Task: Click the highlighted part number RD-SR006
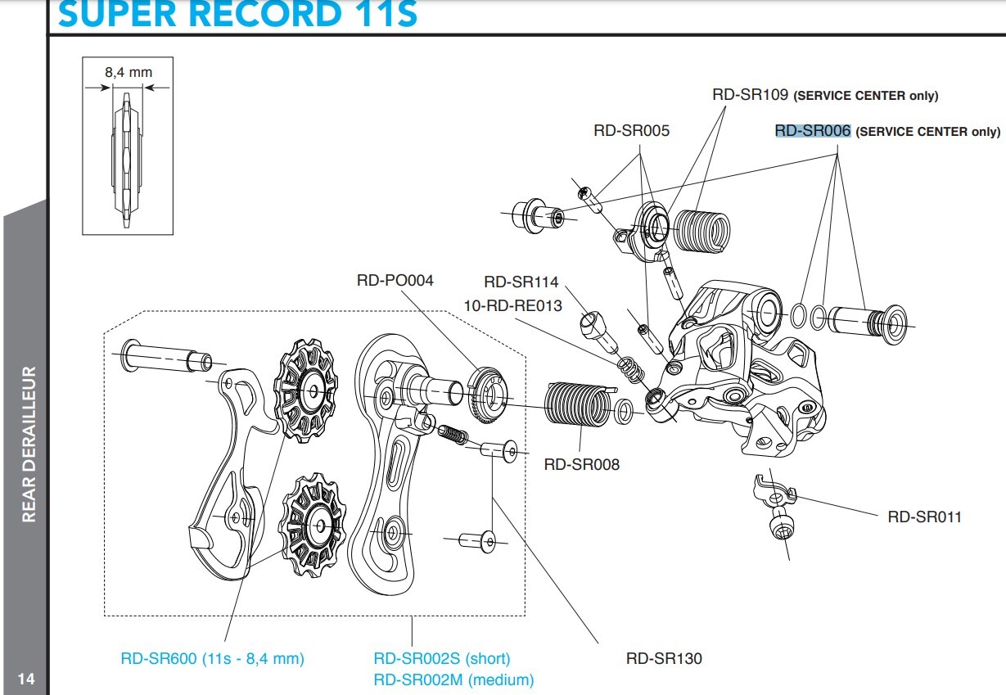[x=813, y=131]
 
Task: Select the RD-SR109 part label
[x=750, y=95]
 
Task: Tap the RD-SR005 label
[x=631, y=131]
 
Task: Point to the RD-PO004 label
[x=395, y=280]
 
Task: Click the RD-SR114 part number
[x=521, y=282]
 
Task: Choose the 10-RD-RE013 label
[x=512, y=305]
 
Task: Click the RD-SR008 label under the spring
[x=581, y=465]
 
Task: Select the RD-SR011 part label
[x=924, y=517]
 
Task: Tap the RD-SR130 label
[x=664, y=658]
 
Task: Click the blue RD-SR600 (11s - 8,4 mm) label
[x=212, y=658]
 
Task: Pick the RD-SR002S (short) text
[x=441, y=658]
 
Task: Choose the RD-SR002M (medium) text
[x=453, y=679]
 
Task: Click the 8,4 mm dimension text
[x=128, y=72]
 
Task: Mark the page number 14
[x=26, y=679]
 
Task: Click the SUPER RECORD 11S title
[x=237, y=15]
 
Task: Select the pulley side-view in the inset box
[x=127, y=160]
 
